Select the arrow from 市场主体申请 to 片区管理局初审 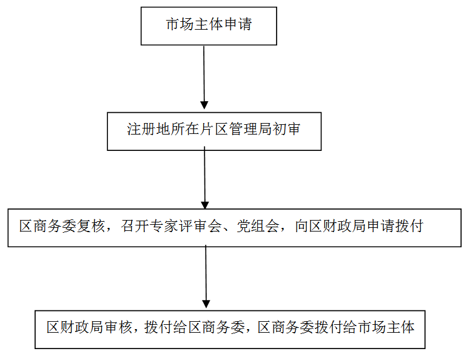[204, 78]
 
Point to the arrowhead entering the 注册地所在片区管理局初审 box [204, 105]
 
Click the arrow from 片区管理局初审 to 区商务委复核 [205, 178]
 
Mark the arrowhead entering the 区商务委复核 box [205, 205]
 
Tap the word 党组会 [258, 226]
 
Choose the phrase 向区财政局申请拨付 [359, 226]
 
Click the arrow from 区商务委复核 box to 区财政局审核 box [206, 276]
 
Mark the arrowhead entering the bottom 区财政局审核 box [206, 304]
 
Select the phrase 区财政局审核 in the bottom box [89, 327]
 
